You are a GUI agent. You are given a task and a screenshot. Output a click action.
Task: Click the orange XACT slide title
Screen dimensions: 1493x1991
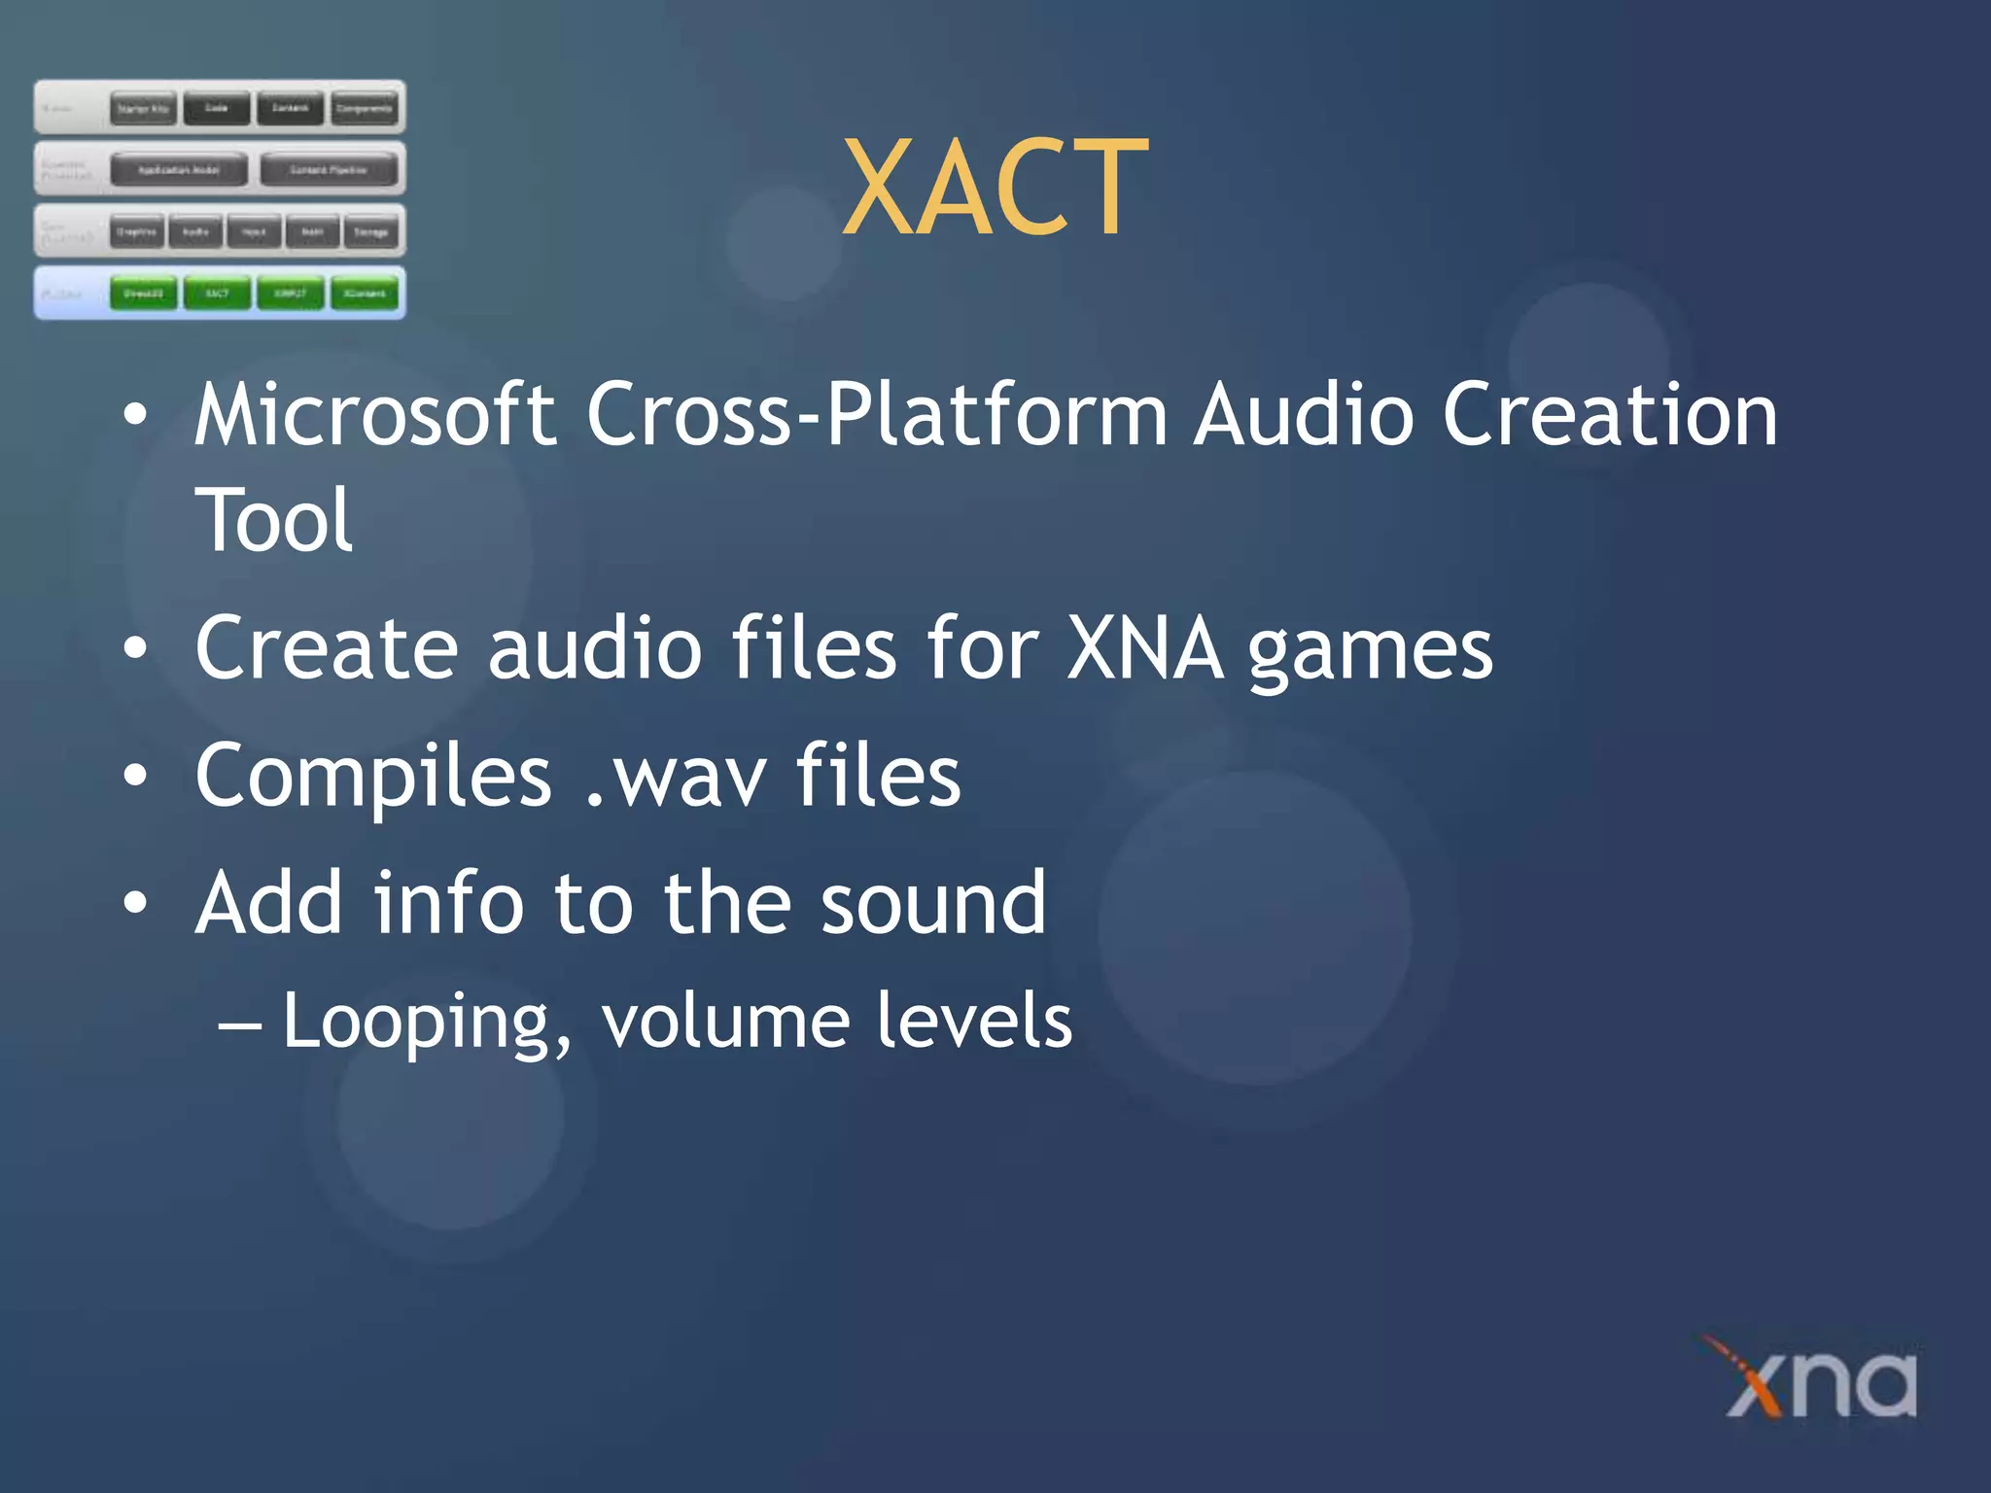tap(995, 187)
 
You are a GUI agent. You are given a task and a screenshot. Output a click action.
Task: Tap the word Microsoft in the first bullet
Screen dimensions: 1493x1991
tap(374, 415)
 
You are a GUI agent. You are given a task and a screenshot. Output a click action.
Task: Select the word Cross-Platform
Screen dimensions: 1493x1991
tap(875, 415)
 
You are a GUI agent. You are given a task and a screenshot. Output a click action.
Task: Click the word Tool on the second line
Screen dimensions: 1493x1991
tap(273, 521)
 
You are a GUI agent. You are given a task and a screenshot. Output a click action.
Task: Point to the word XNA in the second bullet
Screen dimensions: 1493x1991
tap(1144, 648)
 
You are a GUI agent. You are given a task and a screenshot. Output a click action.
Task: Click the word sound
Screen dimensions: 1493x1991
tap(933, 904)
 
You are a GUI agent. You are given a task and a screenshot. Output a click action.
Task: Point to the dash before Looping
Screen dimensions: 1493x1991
tap(239, 1024)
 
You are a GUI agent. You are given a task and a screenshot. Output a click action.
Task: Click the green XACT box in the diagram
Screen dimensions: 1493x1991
tap(217, 293)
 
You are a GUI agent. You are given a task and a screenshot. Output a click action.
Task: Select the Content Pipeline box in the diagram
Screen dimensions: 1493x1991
tap(329, 170)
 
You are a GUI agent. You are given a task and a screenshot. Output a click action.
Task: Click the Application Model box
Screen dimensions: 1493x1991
tap(179, 170)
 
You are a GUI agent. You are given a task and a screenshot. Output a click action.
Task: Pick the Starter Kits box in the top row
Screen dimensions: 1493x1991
tap(143, 109)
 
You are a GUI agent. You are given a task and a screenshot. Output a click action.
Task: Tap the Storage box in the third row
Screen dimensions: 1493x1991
tap(370, 232)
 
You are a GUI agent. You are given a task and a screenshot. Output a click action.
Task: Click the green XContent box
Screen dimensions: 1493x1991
tap(365, 293)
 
